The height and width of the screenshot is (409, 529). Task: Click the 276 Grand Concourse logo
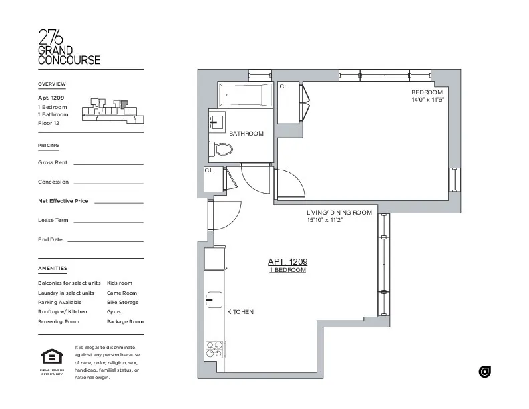click(69, 47)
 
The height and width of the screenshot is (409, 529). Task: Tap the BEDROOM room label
click(427, 92)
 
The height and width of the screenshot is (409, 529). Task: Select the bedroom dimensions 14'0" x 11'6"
click(427, 100)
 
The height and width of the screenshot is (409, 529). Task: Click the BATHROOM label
click(246, 134)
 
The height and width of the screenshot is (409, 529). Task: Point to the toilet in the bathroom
click(220, 150)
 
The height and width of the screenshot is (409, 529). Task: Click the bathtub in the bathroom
click(244, 95)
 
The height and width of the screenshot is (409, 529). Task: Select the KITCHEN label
click(240, 312)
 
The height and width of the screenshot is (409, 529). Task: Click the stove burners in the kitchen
click(215, 350)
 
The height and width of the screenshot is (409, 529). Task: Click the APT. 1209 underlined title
click(287, 262)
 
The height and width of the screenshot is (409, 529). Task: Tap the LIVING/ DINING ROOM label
click(339, 213)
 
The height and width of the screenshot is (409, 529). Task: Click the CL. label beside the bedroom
click(284, 86)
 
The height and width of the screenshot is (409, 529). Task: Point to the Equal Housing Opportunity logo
click(51, 360)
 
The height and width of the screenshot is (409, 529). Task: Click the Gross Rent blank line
click(108, 164)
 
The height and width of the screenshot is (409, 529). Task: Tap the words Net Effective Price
click(63, 201)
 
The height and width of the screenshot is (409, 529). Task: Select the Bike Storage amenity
click(123, 303)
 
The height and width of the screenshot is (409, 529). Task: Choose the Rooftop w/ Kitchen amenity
click(63, 312)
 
